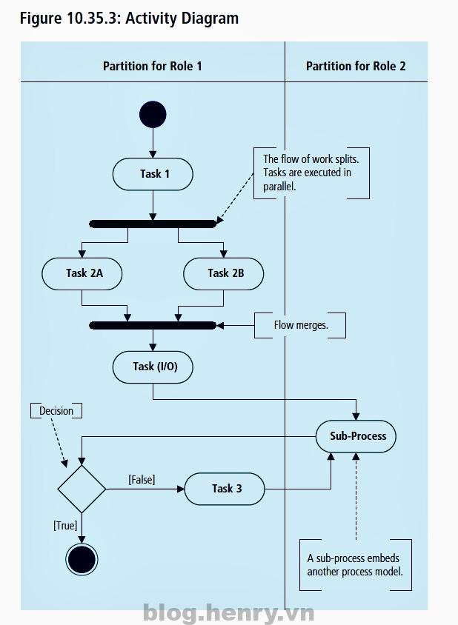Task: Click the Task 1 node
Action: click(153, 175)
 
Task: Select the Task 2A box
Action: click(82, 273)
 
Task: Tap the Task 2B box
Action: click(224, 273)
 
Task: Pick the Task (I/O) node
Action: click(153, 367)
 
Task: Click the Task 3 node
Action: click(225, 489)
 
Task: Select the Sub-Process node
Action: click(357, 436)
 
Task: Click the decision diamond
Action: click(82, 489)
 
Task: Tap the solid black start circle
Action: click(153, 115)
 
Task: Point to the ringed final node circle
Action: click(82, 560)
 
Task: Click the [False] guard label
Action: click(142, 480)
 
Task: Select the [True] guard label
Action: click(65, 525)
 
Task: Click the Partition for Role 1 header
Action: click(153, 66)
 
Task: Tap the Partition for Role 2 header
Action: click(356, 66)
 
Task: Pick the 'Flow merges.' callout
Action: click(300, 325)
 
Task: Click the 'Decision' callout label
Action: click(56, 410)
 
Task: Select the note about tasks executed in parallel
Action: click(311, 173)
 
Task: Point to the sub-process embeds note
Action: click(355, 565)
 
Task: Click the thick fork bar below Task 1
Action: click(153, 223)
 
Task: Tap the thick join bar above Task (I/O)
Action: click(153, 325)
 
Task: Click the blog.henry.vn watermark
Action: click(228, 612)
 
